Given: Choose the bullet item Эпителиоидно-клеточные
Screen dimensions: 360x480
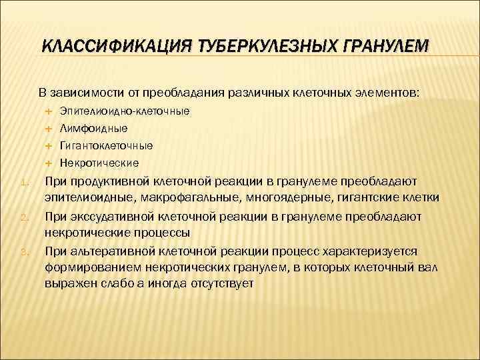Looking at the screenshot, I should point(124,110).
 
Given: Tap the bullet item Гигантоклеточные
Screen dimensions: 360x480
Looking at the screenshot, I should point(106,145).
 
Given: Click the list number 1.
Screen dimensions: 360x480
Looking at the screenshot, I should point(23,182).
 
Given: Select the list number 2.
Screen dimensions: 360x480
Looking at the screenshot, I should point(23,218).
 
